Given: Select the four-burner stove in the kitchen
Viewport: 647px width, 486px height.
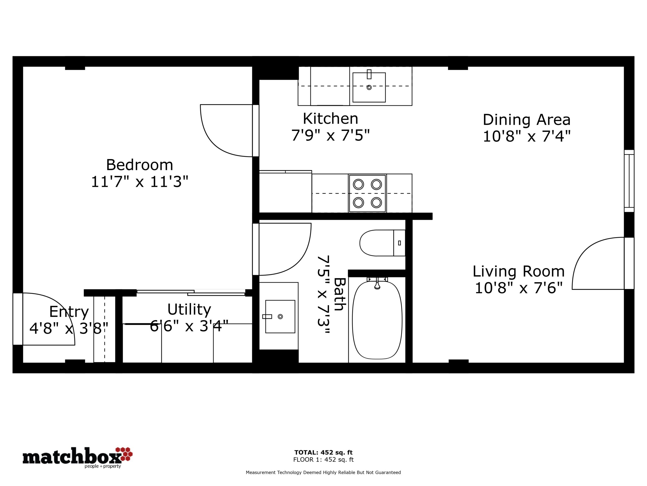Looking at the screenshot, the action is point(367,193).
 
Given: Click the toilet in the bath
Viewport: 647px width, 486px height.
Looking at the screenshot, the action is point(382,243).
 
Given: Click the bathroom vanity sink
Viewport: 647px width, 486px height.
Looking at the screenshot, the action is point(280,316).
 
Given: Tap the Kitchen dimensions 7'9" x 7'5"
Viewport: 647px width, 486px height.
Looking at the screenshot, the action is point(331,135).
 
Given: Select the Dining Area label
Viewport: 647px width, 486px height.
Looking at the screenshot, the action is point(526,119).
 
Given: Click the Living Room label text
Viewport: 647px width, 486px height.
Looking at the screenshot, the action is point(519,271).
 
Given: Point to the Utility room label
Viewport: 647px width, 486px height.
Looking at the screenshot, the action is point(189,309).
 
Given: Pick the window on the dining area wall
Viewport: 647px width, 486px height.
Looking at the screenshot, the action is point(629,181).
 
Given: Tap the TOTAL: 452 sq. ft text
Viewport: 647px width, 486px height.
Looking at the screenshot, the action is point(323,453).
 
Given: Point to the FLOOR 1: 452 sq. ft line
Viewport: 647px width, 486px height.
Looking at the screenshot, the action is point(323,460).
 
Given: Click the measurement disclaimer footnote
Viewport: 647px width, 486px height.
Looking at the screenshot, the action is point(323,472).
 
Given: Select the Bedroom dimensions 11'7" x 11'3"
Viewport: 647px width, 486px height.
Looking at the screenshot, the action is point(140,182).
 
